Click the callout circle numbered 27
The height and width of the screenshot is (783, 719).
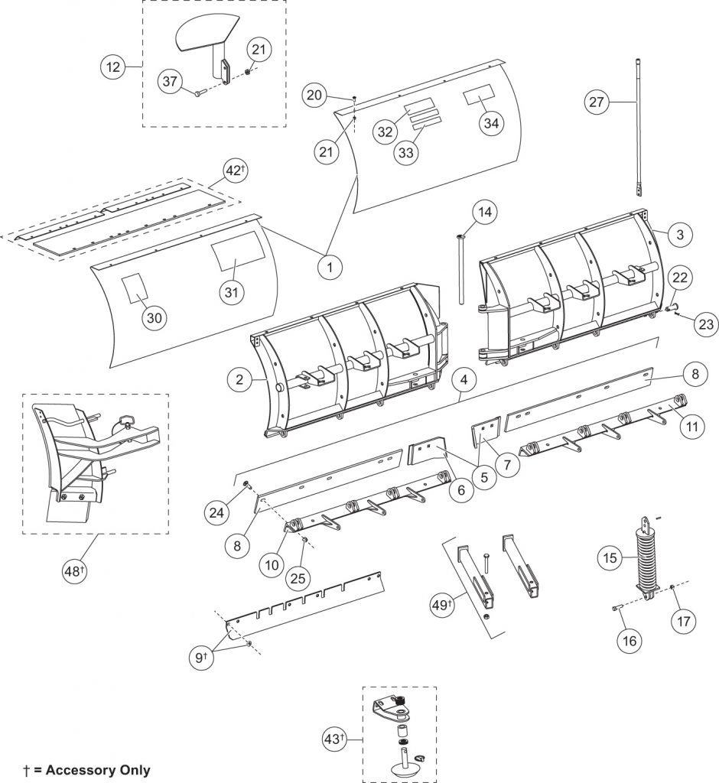(x=600, y=101)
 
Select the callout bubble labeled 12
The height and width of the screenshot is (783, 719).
(x=114, y=67)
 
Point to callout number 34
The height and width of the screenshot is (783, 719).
(x=493, y=123)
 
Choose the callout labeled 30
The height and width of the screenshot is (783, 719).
(x=153, y=319)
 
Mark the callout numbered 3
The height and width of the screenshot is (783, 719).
(x=679, y=236)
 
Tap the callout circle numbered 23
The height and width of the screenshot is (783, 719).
(x=704, y=324)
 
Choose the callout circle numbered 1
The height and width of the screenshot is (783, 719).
(x=330, y=268)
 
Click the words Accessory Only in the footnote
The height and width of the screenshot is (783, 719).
(x=98, y=770)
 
